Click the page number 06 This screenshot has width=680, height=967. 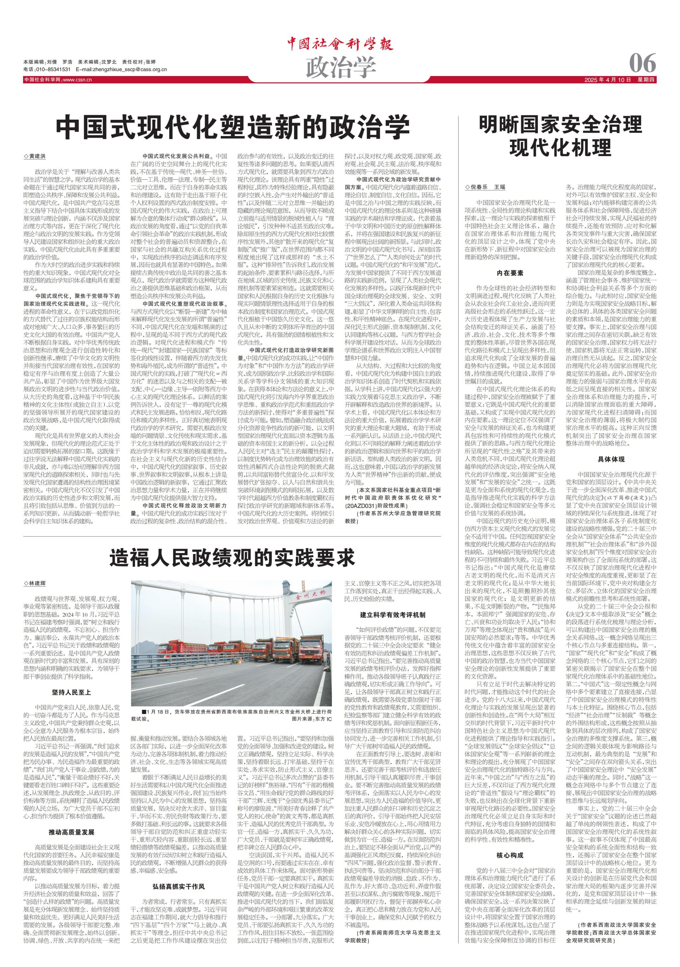pyautogui.click(x=642, y=63)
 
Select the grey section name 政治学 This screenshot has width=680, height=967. pyautogui.click(x=340, y=66)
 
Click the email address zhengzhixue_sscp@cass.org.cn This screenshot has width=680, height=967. pyautogui.click(x=121, y=69)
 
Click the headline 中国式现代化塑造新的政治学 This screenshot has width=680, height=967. pyautogui.click(x=233, y=127)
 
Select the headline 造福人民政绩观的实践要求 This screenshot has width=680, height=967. pyautogui.click(x=232, y=558)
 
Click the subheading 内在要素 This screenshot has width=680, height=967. pyautogui.click(x=510, y=273)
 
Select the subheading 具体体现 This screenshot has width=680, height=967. pyautogui.click(x=611, y=459)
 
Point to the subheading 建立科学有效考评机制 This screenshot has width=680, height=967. pyautogui.click(x=392, y=615)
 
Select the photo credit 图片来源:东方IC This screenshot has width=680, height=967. pyautogui.click(x=311, y=719)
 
